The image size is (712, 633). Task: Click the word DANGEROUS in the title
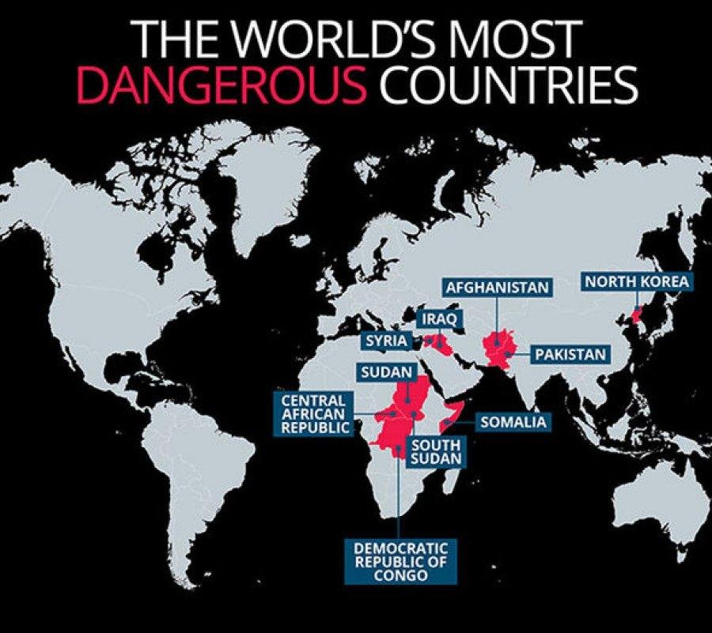tap(221, 86)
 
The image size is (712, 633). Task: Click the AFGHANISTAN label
tap(496, 287)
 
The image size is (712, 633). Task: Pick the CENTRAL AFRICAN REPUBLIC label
tap(314, 413)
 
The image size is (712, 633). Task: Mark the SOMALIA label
tap(513, 422)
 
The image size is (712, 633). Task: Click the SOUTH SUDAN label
tap(435, 451)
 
